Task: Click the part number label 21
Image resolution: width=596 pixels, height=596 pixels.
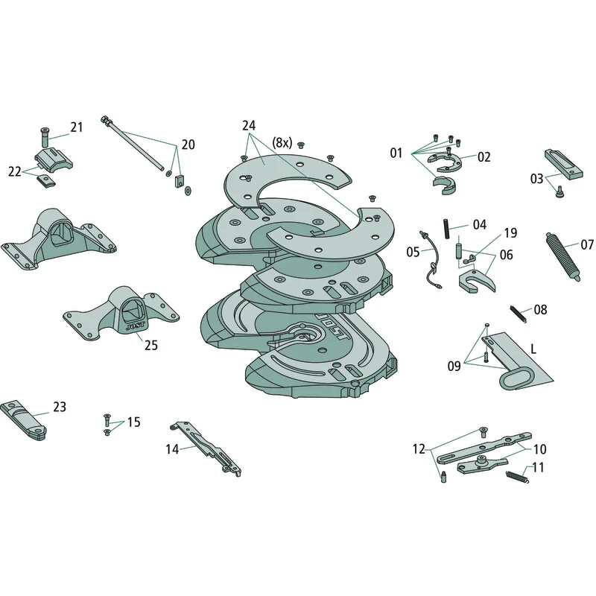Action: tap(77, 127)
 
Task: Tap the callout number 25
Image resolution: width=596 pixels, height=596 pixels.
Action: tap(151, 345)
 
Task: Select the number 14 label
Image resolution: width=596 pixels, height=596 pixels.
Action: tap(172, 449)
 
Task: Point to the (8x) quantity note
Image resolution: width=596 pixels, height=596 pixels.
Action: tap(282, 143)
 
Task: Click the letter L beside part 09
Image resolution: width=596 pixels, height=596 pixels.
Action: tap(533, 349)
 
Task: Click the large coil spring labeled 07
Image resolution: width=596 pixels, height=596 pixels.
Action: tap(564, 256)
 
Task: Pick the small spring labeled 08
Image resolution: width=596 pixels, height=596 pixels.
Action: tap(518, 314)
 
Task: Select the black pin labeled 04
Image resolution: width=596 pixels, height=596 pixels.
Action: tap(446, 229)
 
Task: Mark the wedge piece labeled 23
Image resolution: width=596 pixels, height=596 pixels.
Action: tap(24, 420)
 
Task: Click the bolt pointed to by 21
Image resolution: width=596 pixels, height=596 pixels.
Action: tap(45, 137)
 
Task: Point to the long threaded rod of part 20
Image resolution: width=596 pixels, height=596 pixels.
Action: tap(133, 144)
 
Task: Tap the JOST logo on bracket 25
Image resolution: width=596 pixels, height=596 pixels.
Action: tap(136, 327)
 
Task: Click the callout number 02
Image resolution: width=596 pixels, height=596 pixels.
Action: tap(484, 156)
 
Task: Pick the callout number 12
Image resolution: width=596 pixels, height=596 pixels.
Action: tap(419, 449)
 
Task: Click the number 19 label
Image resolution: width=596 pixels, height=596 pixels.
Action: tap(510, 232)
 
